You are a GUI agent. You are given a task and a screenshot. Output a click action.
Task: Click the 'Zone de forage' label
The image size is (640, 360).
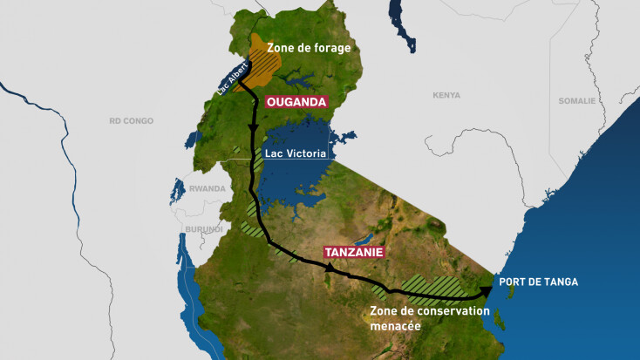tap(309, 48)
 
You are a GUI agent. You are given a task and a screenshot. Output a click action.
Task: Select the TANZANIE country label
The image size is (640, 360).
tap(355, 252)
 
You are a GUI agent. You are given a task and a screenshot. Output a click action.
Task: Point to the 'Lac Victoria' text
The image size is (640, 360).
tap(295, 153)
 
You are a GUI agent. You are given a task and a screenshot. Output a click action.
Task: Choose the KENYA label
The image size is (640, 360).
tap(446, 95)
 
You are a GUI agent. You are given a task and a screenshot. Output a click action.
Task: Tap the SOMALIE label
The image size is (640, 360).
tap(576, 101)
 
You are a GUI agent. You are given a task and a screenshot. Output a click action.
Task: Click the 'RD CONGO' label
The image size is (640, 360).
tap(131, 120)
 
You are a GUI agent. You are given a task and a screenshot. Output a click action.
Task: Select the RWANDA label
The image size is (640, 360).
tap(206, 187)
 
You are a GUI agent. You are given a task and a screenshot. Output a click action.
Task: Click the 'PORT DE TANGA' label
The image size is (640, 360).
tap(538, 282)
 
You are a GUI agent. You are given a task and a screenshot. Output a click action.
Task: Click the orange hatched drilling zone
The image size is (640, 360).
tap(259, 56)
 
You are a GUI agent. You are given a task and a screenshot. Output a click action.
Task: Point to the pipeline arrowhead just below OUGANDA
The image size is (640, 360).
tap(254, 129)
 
